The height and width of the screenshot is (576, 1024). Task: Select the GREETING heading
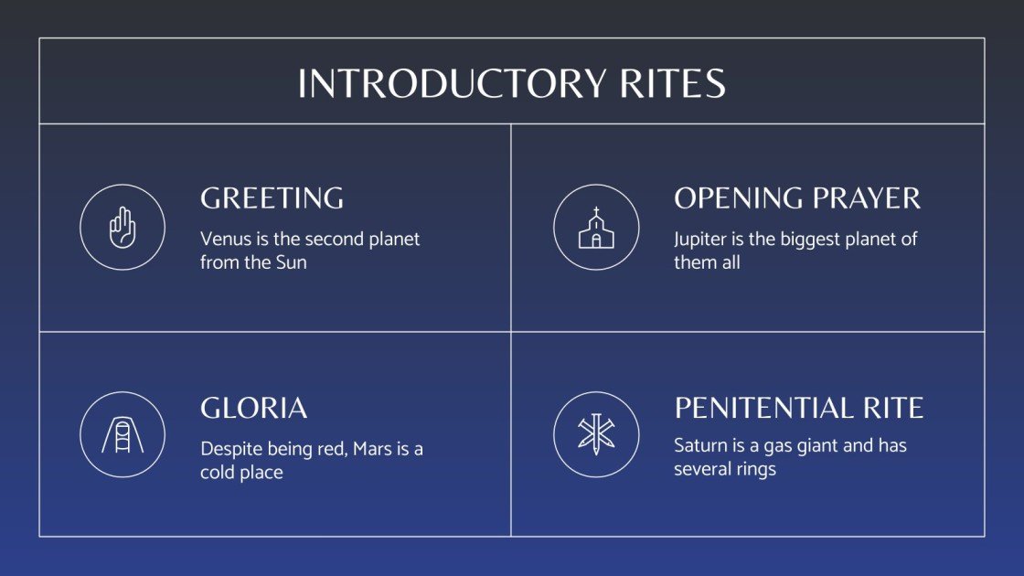[x=272, y=198]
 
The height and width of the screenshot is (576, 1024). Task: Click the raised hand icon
[x=123, y=227]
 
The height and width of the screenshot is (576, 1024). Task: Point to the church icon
[x=596, y=227]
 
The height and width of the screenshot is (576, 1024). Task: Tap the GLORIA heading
[x=253, y=408]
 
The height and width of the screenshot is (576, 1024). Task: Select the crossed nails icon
[x=596, y=434]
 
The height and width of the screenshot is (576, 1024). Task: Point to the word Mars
[x=371, y=450]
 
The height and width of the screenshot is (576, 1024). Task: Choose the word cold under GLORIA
[x=218, y=473]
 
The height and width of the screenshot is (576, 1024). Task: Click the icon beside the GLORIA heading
[x=123, y=434]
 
